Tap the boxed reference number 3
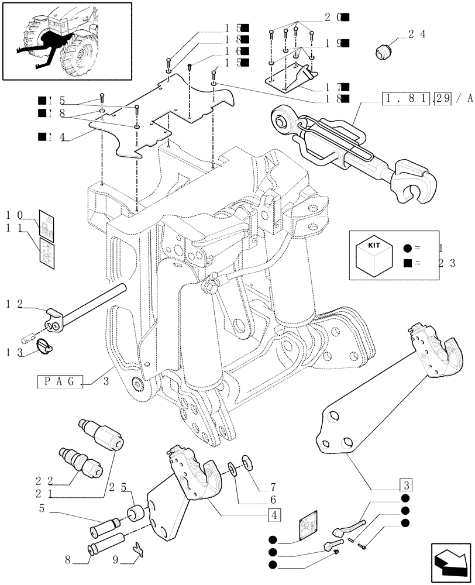(406, 485)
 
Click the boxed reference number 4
(273, 515)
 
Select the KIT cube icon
(373, 254)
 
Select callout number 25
(123, 487)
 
